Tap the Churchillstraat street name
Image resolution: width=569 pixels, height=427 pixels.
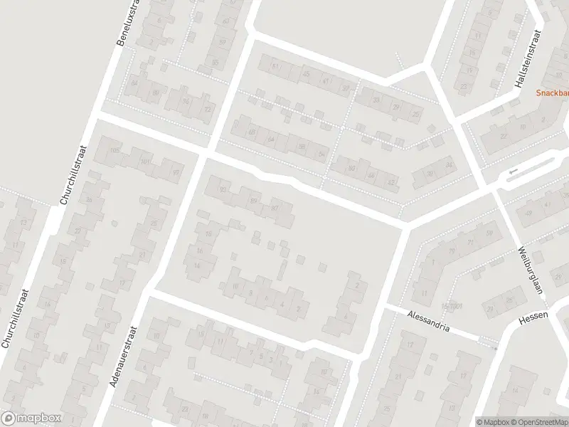click(73, 175)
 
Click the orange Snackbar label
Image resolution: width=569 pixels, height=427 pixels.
click(554, 93)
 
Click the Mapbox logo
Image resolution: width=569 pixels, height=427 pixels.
click(31, 418)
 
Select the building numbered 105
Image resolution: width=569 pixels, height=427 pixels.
click(115, 149)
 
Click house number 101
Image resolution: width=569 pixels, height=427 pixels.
click(145, 162)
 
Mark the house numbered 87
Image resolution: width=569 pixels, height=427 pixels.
click(274, 207)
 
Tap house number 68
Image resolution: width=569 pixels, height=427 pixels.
click(251, 132)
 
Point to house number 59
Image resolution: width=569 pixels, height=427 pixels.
click(489, 233)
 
